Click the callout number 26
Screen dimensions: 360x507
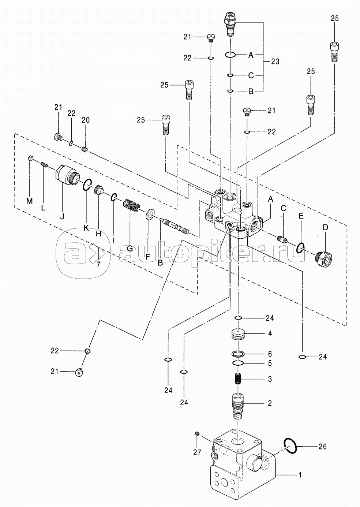(322, 447)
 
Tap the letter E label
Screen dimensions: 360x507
(301, 216)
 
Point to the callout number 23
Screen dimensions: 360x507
(275, 61)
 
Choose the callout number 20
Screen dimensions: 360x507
(86, 120)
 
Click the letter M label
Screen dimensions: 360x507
(29, 201)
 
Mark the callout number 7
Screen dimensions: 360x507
(98, 264)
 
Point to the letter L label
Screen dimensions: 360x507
(43, 208)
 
